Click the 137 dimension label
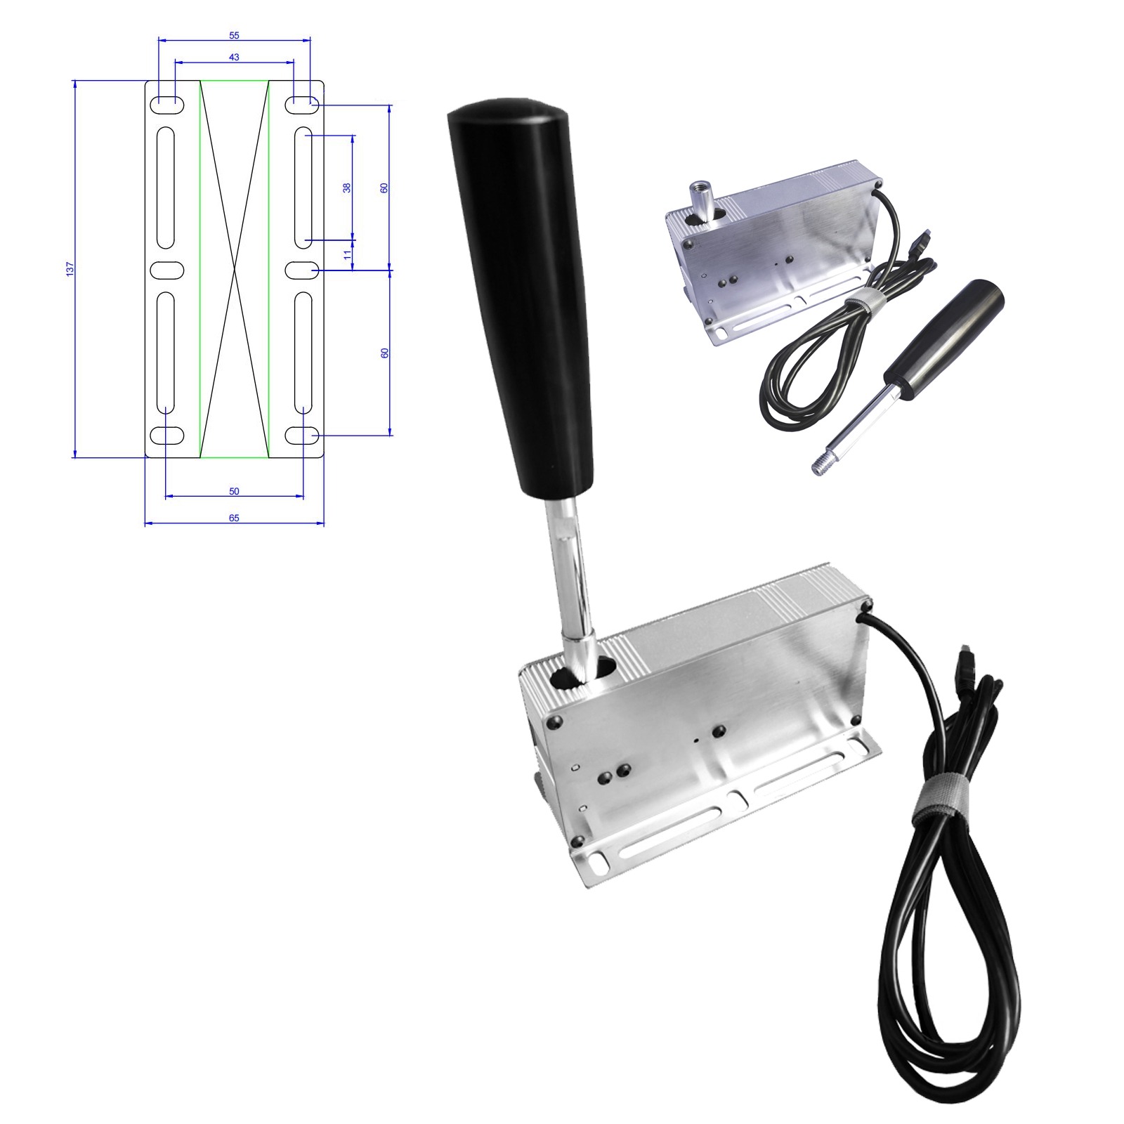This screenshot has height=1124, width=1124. tap(70, 268)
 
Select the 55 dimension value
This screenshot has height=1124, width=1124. tap(234, 35)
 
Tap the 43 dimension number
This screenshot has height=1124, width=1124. tap(234, 57)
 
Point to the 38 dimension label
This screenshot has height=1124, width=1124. tap(346, 188)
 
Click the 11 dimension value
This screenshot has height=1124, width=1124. tap(347, 254)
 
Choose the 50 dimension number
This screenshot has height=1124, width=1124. tap(234, 491)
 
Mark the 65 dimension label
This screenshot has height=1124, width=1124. tap(234, 518)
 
